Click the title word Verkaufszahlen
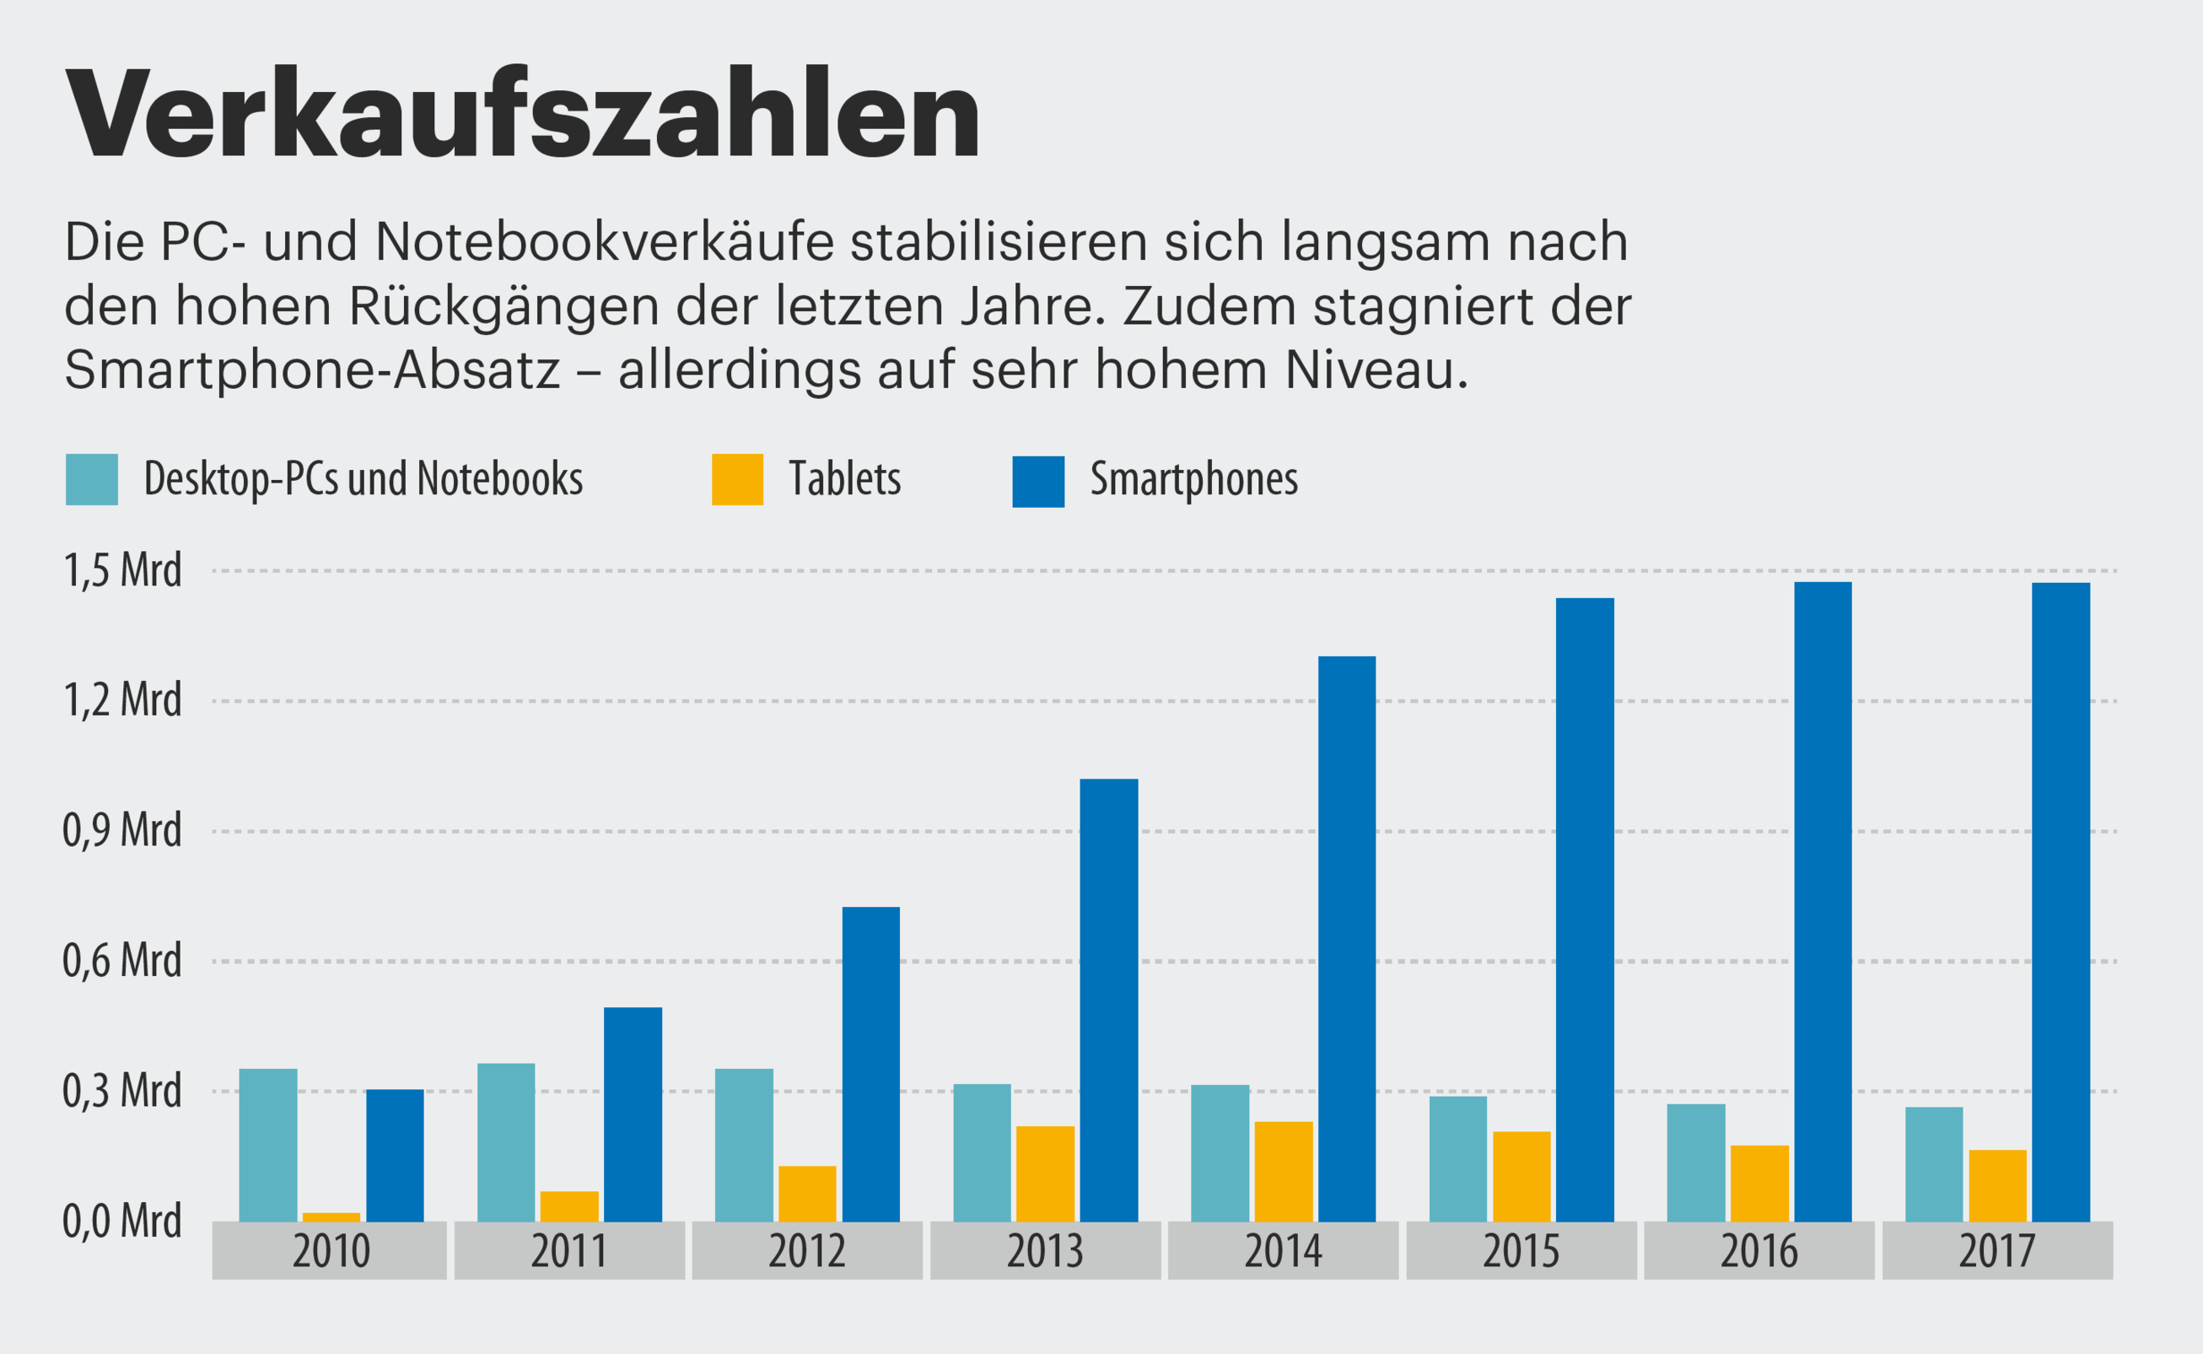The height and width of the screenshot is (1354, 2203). point(523,115)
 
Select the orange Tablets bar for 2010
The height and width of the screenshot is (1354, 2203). point(331,1217)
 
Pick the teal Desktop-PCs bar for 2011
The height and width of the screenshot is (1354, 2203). point(506,1141)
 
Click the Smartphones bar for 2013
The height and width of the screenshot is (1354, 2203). point(1108,1001)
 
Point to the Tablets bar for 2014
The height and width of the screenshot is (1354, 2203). point(1283,1171)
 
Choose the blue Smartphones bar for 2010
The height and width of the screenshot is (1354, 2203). point(395,1155)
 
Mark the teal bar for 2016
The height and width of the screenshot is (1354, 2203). point(1695,1162)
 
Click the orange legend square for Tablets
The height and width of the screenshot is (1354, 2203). point(736,479)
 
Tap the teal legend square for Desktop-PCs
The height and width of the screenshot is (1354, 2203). point(91,479)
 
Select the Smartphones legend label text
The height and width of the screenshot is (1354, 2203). point(1193,479)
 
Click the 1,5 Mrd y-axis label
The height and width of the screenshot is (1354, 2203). point(121,570)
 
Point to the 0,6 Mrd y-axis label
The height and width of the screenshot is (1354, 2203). point(121,961)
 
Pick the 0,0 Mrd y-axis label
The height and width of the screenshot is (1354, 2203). point(121,1222)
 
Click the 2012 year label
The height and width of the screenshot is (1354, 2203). point(806,1251)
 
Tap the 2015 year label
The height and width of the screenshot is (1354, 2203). point(1521,1251)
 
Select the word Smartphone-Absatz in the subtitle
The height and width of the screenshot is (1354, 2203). point(311,369)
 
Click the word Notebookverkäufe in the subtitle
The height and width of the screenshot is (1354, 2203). point(604,242)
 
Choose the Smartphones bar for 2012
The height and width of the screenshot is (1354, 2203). point(871,1064)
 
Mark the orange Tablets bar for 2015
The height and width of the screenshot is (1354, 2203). point(1521,1177)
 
